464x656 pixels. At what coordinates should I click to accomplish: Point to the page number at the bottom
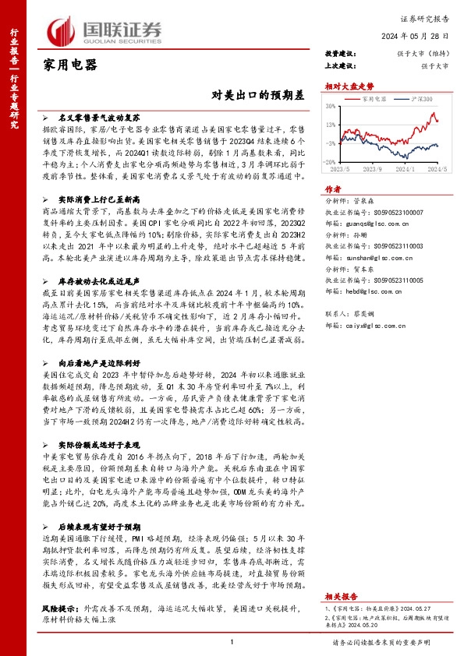232,641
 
